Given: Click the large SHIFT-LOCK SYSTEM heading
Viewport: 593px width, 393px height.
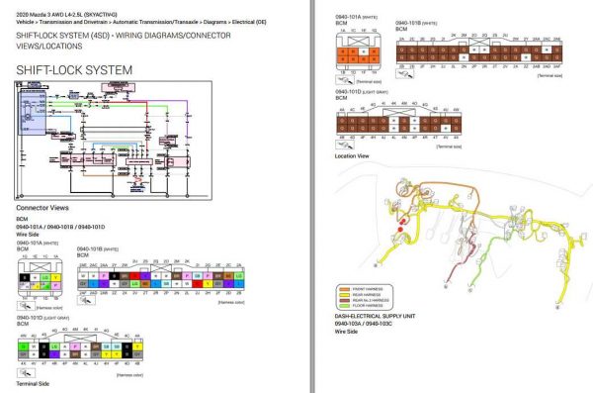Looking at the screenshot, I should click(x=75, y=69).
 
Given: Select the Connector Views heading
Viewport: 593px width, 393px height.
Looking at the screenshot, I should click(x=42, y=208).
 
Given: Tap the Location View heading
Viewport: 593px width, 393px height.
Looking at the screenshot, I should click(x=352, y=155).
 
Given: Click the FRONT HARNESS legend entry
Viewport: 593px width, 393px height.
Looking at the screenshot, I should click(x=366, y=288).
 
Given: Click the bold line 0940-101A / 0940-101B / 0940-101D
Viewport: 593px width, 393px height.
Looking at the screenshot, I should click(x=59, y=227).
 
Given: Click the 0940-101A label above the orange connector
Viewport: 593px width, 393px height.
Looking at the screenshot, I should click(x=348, y=16).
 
